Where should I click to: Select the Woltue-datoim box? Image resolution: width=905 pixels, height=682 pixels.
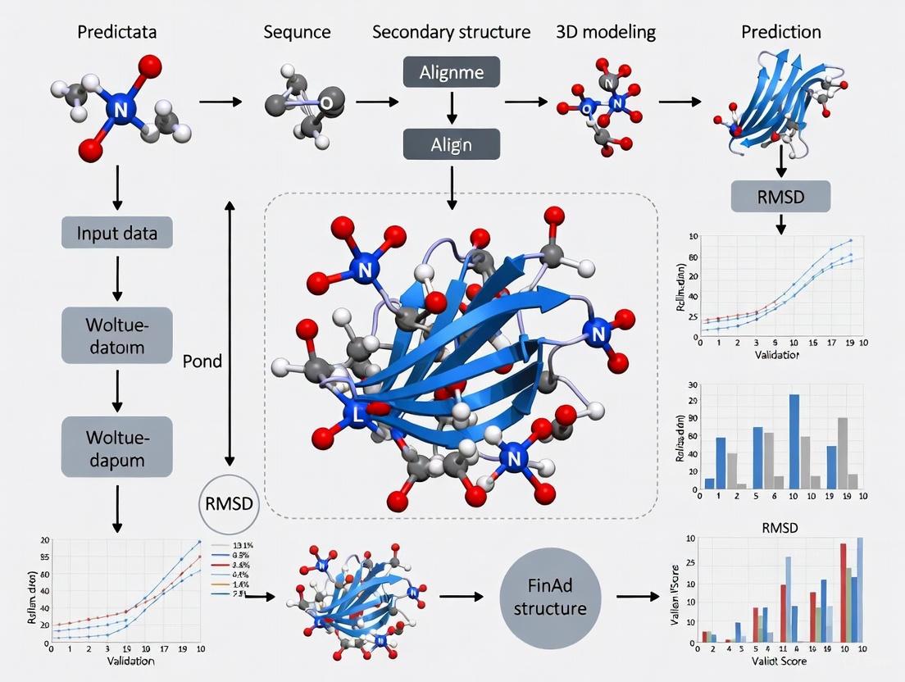(x=116, y=335)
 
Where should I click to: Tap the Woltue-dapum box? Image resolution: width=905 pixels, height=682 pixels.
(x=116, y=447)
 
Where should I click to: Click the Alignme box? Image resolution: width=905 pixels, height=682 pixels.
(x=452, y=72)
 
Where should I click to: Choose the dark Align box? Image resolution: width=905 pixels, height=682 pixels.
(x=452, y=144)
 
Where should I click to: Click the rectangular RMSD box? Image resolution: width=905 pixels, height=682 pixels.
(x=780, y=196)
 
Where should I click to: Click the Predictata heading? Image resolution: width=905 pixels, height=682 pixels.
(x=117, y=33)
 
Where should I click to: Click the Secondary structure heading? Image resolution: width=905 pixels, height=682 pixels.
(x=451, y=33)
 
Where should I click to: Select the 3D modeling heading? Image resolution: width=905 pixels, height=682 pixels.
(x=606, y=33)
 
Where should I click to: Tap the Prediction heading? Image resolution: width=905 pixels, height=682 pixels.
(x=781, y=33)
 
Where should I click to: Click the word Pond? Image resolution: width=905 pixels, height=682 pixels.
(x=202, y=361)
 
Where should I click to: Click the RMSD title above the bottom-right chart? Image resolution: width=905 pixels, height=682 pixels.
(x=779, y=528)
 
